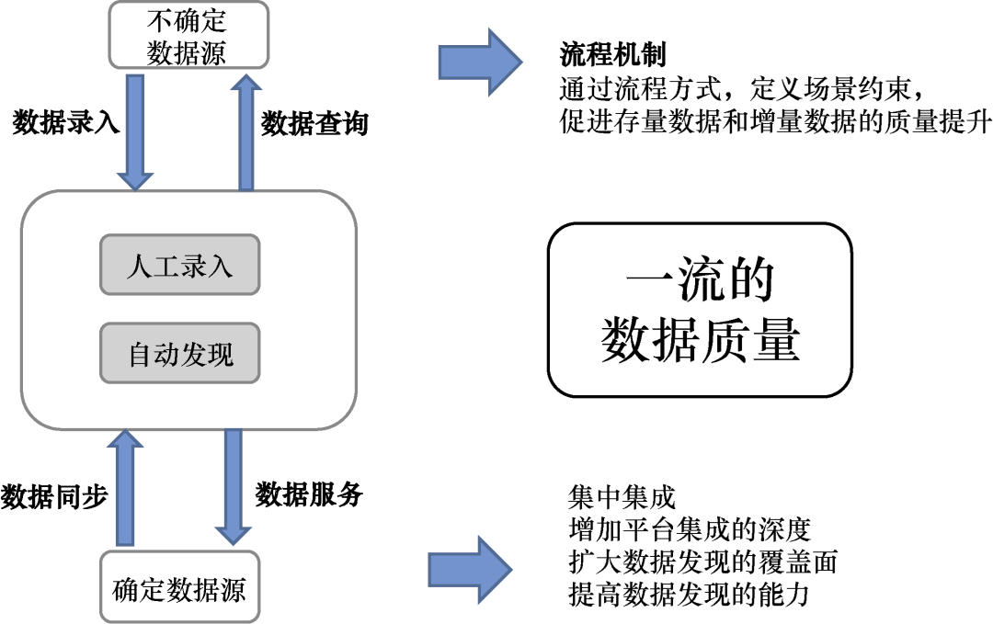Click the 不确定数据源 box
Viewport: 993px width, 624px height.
187,35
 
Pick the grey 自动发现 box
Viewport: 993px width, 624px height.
180,354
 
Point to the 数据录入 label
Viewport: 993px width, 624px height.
66,123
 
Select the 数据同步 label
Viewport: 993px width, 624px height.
55,496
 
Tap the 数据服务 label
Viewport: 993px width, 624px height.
309,494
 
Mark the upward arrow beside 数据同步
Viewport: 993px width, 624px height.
125,487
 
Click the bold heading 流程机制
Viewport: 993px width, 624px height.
612,55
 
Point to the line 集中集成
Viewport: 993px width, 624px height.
622,498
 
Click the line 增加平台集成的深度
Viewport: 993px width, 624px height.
690,530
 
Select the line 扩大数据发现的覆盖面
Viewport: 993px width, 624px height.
703,562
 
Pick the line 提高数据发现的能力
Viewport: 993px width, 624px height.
690,595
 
